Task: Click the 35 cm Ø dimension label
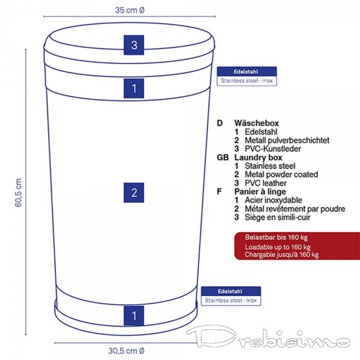coord(130,10)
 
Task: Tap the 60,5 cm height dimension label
coord(19,193)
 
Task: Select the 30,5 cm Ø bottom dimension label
coord(126,351)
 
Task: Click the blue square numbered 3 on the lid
coord(134,45)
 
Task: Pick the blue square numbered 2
coord(134,193)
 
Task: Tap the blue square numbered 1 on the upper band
coord(134,88)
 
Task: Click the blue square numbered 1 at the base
coord(134,316)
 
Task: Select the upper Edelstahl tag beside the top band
coord(247,76)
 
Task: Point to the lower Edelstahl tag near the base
coord(231,296)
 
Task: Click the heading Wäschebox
coord(256,123)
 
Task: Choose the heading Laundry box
coord(258,157)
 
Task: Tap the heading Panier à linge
coord(260,191)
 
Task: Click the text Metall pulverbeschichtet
coord(287,140)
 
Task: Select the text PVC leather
coord(266,183)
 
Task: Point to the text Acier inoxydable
coord(274,200)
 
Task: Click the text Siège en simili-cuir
coord(278,217)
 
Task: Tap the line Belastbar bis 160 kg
coord(276,237)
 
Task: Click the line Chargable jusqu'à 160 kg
coord(282,254)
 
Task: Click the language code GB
coord(223,158)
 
